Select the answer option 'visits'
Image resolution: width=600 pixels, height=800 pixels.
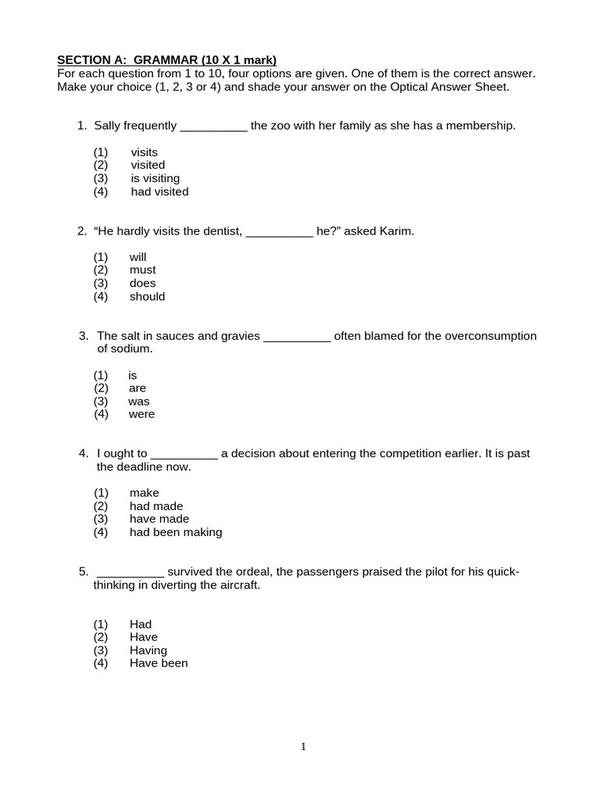(x=144, y=152)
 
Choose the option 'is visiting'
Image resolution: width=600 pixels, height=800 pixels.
(x=155, y=178)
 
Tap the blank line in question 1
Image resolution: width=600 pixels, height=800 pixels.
(x=213, y=126)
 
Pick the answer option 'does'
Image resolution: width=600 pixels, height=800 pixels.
(x=142, y=283)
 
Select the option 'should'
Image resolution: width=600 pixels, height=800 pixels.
(x=147, y=296)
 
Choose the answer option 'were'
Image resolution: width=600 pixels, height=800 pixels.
(x=141, y=414)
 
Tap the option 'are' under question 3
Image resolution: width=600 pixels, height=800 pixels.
(x=137, y=388)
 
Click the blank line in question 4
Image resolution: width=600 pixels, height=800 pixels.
(x=184, y=454)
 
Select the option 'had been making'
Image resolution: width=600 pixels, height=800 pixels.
(x=176, y=532)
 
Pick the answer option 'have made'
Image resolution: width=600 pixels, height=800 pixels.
(x=159, y=519)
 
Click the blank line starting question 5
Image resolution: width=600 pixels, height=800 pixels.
(x=130, y=572)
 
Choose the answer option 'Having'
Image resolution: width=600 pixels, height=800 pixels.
(x=148, y=650)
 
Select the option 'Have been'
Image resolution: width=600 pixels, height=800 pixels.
(x=159, y=663)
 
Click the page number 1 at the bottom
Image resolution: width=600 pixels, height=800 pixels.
(x=303, y=747)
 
